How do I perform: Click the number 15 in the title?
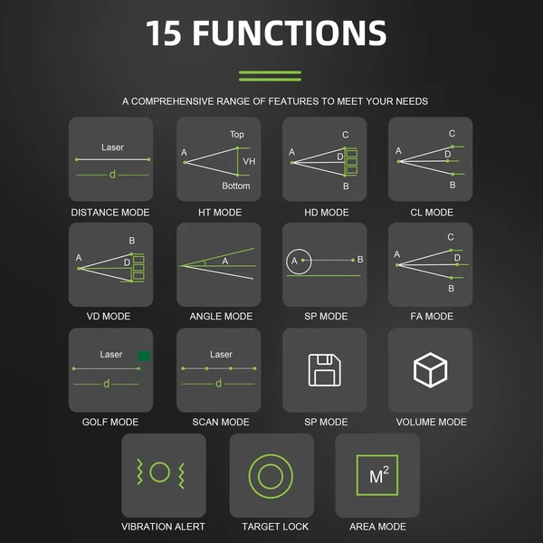pyautogui.click(x=164, y=33)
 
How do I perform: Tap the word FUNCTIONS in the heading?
pyautogui.click(x=290, y=33)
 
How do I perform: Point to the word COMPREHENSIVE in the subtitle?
pyautogui.click(x=172, y=101)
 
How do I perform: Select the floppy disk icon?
pyautogui.click(x=325, y=370)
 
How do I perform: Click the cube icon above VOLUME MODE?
pyautogui.click(x=430, y=370)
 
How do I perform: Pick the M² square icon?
pyautogui.click(x=377, y=475)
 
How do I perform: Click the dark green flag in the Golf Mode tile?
pyautogui.click(x=144, y=356)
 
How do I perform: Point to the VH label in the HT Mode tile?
pyautogui.click(x=249, y=161)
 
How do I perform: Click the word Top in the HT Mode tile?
pyautogui.click(x=237, y=134)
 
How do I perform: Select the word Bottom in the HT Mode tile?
pyautogui.click(x=236, y=186)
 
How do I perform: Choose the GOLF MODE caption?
pyautogui.click(x=110, y=422)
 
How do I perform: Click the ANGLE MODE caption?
pyautogui.click(x=221, y=316)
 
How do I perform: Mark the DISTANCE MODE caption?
pyautogui.click(x=110, y=213)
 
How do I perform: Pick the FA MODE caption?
pyautogui.click(x=432, y=316)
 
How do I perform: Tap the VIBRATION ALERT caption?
pyautogui.click(x=163, y=527)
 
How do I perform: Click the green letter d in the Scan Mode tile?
pyautogui.click(x=218, y=384)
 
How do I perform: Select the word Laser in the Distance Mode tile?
pyautogui.click(x=112, y=148)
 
